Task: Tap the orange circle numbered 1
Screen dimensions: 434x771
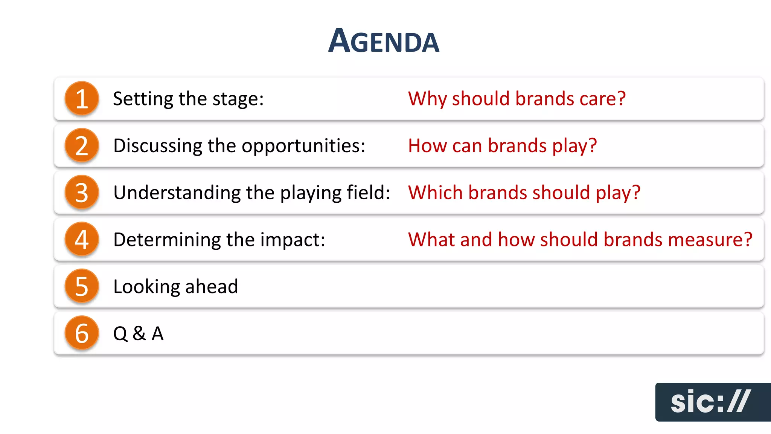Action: tap(82, 99)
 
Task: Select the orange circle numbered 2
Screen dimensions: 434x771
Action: tap(82, 145)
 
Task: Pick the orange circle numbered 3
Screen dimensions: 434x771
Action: tap(82, 193)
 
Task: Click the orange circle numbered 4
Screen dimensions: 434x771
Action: tap(82, 239)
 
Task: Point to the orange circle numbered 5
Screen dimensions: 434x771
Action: tap(82, 286)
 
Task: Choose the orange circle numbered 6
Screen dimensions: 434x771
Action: tap(82, 333)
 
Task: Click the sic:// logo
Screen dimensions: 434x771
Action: tap(711, 402)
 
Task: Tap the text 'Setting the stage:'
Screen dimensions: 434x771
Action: tap(188, 99)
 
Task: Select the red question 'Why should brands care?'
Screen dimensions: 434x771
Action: tap(517, 99)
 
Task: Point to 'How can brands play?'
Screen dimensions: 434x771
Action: tap(502, 146)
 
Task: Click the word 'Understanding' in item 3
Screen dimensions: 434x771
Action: tap(177, 193)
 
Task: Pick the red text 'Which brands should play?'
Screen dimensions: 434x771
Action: tap(524, 193)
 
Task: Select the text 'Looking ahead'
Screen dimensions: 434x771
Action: tap(175, 287)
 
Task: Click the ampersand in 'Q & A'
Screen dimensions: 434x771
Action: tap(139, 333)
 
